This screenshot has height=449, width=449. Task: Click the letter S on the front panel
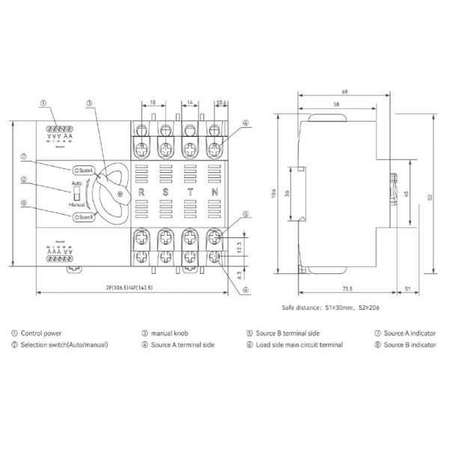click(x=165, y=193)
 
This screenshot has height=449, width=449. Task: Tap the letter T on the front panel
click(x=190, y=193)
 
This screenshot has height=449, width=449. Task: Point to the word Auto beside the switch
click(x=76, y=182)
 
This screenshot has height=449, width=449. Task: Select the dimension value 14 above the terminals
click(x=189, y=101)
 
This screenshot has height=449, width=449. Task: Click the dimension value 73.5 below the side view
click(x=346, y=287)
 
